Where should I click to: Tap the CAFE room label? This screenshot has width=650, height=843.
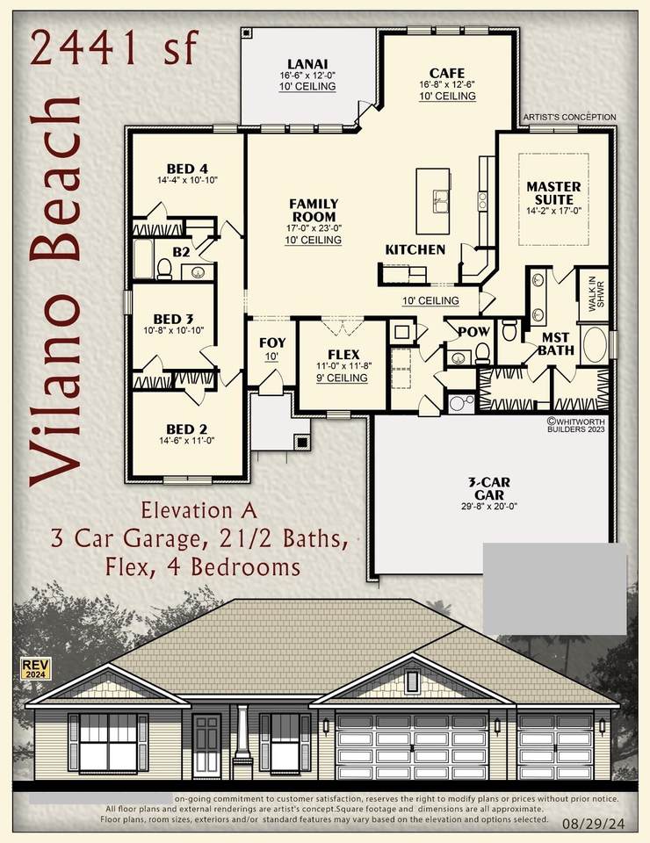click(447, 73)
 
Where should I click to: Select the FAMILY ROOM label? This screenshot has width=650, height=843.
click(314, 210)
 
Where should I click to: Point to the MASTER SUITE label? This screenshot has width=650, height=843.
click(553, 192)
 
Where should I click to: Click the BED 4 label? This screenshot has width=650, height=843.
click(187, 169)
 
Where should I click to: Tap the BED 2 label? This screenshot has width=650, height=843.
click(186, 429)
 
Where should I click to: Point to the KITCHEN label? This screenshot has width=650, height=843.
click(415, 249)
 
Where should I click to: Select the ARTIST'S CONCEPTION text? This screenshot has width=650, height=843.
click(569, 117)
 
